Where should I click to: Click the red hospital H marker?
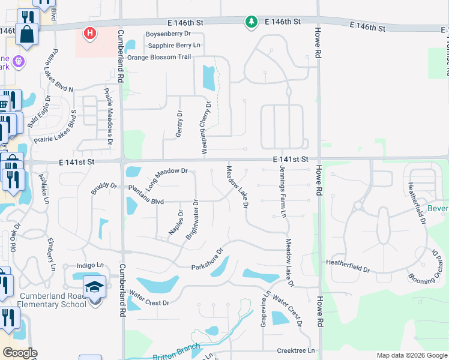(x=89, y=33)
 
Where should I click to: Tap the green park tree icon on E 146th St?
(x=251, y=22)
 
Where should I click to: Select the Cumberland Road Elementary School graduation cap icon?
(x=95, y=287)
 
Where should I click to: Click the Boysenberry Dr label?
(x=170, y=34)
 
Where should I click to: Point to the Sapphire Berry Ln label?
(x=174, y=45)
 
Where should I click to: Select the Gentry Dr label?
(x=178, y=124)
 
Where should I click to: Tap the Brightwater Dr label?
(x=191, y=220)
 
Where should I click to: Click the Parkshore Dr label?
(x=207, y=259)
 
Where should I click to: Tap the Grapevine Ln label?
(x=263, y=309)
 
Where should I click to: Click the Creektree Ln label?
(x=296, y=350)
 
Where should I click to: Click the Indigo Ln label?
(x=91, y=265)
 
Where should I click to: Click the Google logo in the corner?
(x=20, y=353)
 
